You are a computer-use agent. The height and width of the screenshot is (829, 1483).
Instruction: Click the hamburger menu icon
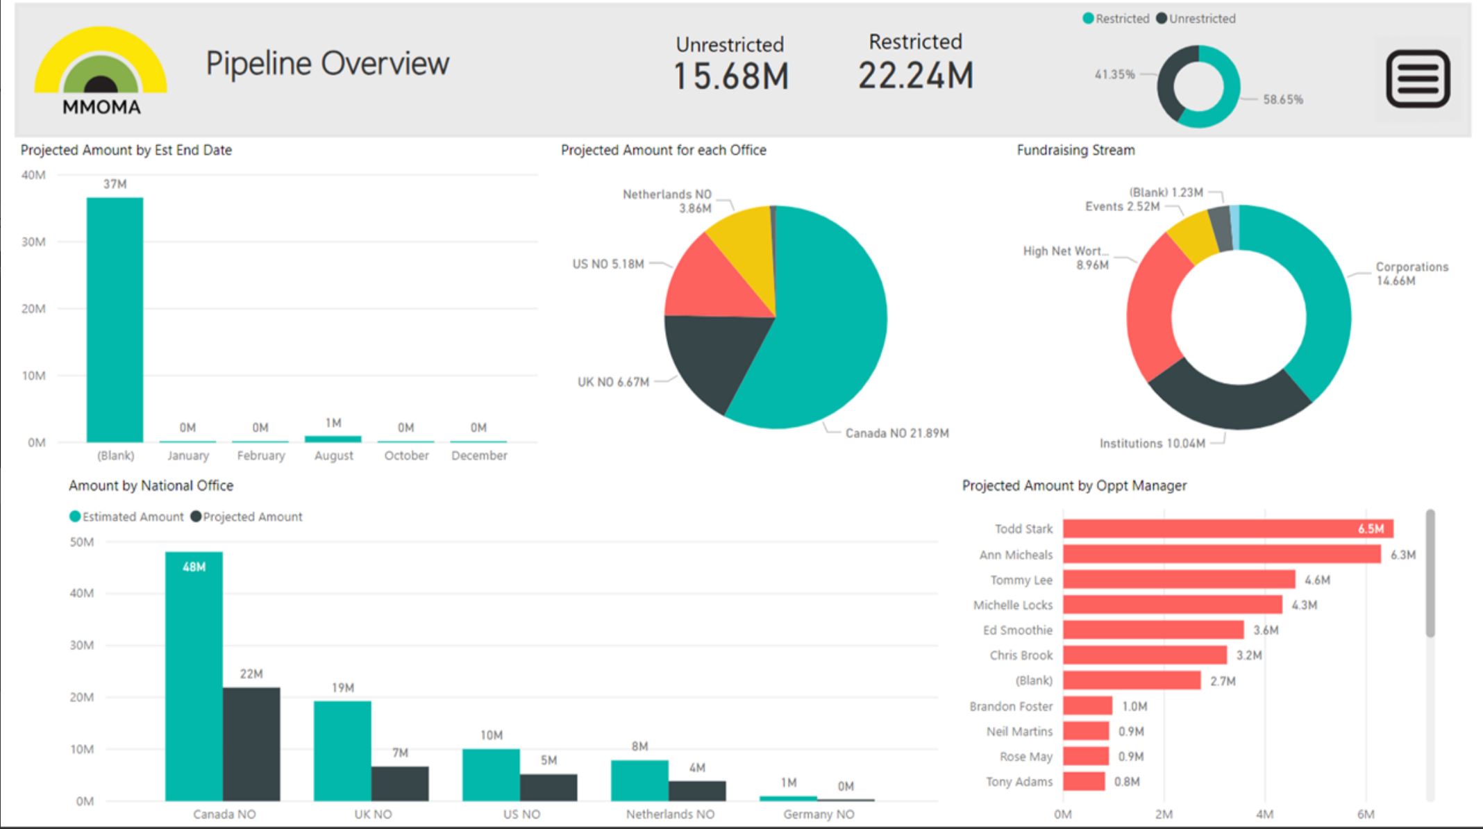point(1418,78)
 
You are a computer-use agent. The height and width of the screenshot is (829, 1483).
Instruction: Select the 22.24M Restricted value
point(915,75)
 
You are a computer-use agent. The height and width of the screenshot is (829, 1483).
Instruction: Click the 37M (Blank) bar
point(115,319)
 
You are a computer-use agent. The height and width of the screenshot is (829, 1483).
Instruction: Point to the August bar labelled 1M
point(333,438)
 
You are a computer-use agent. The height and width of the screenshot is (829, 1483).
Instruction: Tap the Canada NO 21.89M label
point(896,433)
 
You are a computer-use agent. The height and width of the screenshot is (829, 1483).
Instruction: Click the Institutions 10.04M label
point(1152,444)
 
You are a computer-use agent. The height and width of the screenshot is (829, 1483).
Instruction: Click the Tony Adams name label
point(1019,782)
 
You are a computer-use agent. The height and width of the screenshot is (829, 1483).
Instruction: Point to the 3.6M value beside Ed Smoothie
point(1265,630)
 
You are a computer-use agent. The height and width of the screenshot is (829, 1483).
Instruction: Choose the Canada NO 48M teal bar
point(194,677)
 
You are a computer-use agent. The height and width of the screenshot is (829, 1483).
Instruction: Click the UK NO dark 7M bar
point(400,783)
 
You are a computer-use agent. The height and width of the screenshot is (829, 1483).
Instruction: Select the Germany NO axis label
point(819,814)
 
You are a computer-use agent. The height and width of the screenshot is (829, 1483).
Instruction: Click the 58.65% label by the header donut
point(1282,99)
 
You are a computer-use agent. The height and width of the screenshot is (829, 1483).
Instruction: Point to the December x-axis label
point(479,455)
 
